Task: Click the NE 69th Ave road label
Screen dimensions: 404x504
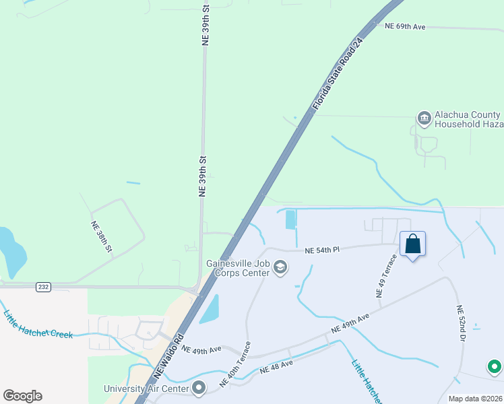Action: (x=405, y=26)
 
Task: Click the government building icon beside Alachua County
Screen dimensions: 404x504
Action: (x=424, y=119)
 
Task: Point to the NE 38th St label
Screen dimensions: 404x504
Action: (x=102, y=237)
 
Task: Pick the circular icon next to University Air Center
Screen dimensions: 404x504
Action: (x=199, y=388)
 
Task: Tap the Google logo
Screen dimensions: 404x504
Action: (x=22, y=396)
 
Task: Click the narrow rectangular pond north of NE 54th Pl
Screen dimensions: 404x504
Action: (x=290, y=220)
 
